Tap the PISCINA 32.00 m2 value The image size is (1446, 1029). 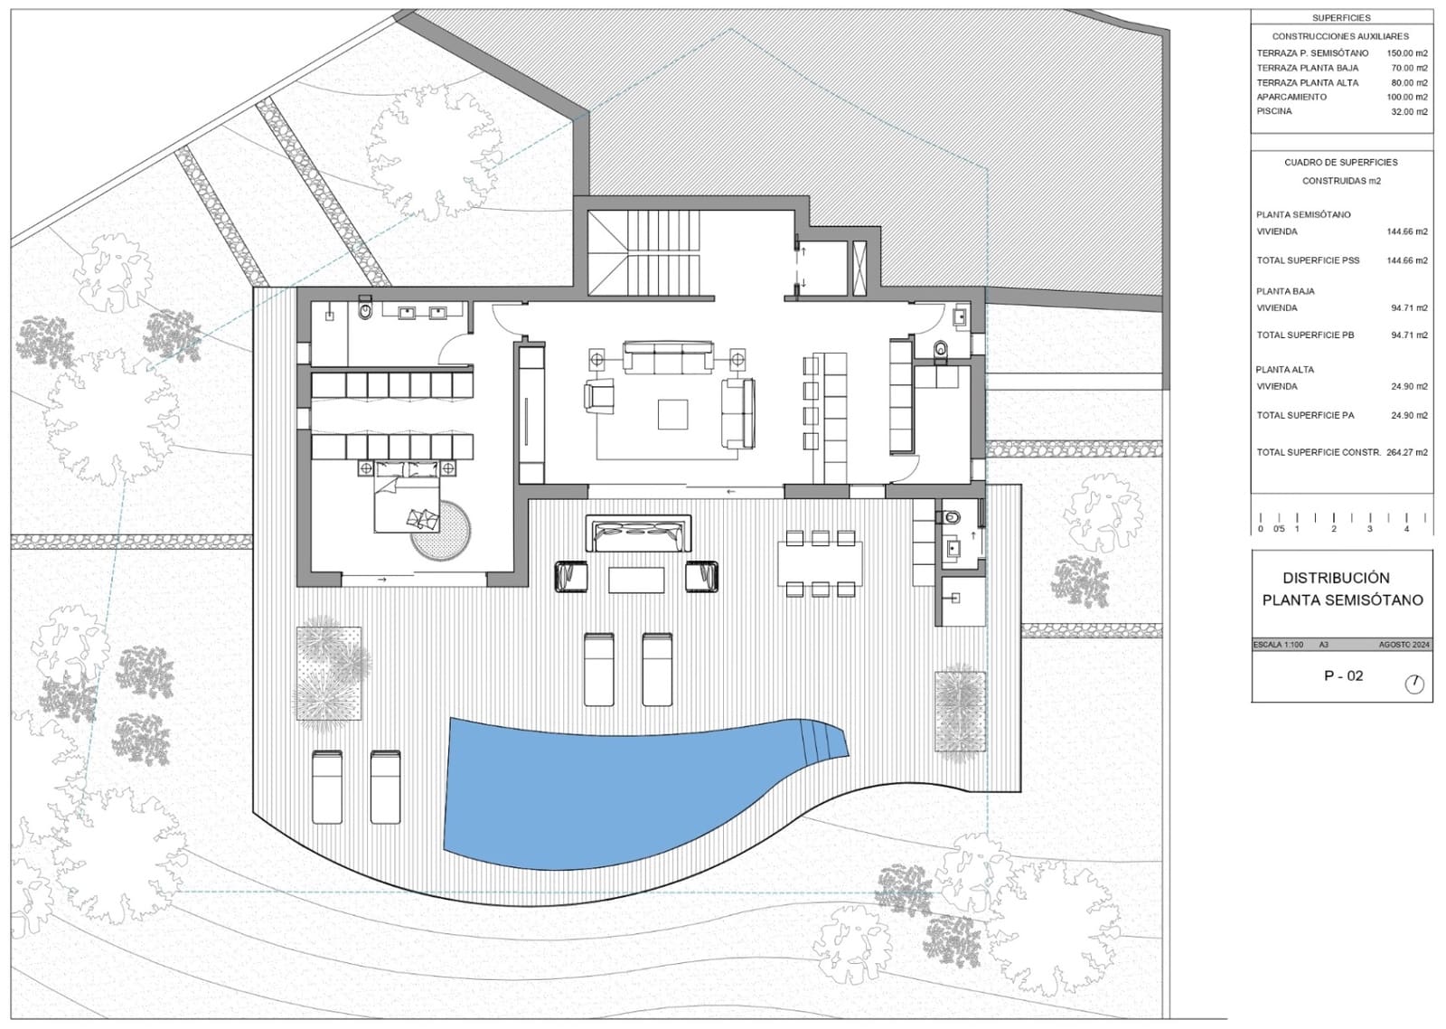pyautogui.click(x=1409, y=112)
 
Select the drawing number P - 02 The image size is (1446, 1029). pyautogui.click(x=1343, y=675)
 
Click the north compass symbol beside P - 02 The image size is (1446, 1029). pyautogui.click(x=1414, y=684)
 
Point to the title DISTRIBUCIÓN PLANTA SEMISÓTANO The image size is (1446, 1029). pyautogui.click(x=1342, y=589)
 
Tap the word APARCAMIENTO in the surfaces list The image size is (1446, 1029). pyautogui.click(x=1291, y=97)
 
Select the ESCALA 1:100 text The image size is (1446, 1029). pyautogui.click(x=1278, y=645)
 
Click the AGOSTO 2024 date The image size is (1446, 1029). pyautogui.click(x=1404, y=645)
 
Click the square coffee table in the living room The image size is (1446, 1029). pyautogui.click(x=672, y=414)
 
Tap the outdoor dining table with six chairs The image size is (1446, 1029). pyautogui.click(x=820, y=563)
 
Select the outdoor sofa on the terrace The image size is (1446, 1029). pyautogui.click(x=638, y=533)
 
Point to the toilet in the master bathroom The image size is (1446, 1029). pyautogui.click(x=365, y=310)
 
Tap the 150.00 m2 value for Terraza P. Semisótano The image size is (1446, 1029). pyautogui.click(x=1407, y=53)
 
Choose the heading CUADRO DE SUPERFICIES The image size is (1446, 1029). pyautogui.click(x=1341, y=163)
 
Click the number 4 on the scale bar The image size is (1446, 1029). pyautogui.click(x=1406, y=529)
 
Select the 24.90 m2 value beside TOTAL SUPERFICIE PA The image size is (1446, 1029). pyautogui.click(x=1409, y=415)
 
